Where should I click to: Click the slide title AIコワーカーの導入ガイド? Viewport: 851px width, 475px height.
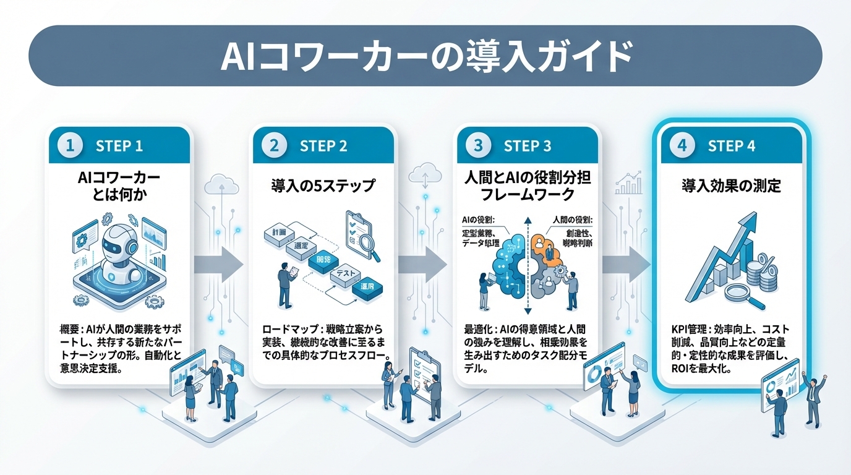pyautogui.click(x=426, y=56)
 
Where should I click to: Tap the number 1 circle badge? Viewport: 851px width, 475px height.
pyautogui.click(x=70, y=146)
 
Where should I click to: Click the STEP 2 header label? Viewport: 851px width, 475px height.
pyautogui.click(x=323, y=147)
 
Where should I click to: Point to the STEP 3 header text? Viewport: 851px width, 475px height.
pyautogui.click(x=527, y=147)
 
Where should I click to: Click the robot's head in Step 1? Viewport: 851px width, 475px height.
pyautogui.click(x=118, y=244)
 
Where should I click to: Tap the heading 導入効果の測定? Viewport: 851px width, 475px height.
pyautogui.click(x=732, y=185)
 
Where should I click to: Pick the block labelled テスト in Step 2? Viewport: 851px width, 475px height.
pyautogui.click(x=344, y=273)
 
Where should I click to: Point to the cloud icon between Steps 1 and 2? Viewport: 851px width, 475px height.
pyautogui.click(x=221, y=183)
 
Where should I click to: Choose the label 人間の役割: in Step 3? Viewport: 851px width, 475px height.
pyautogui.click(x=570, y=220)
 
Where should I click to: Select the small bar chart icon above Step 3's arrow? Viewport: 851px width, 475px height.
pyautogui.click(x=630, y=182)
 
